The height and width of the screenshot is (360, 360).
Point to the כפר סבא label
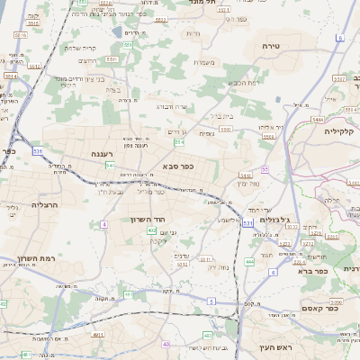tap(180, 166)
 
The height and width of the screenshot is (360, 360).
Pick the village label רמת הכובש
tap(245, 82)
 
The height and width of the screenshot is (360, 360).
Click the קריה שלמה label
tap(80, 48)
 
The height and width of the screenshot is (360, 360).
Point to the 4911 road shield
tap(98, 333)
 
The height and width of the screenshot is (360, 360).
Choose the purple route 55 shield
tap(265, 168)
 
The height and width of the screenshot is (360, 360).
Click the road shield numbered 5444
tap(318, 118)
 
